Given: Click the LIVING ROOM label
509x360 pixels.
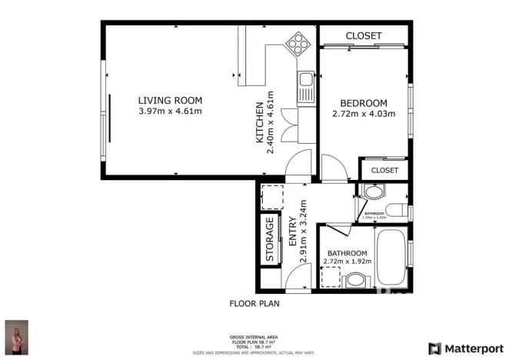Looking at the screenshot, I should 170,100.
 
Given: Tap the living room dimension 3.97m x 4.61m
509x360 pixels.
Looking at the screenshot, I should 170,112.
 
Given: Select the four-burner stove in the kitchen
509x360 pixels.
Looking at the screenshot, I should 296,45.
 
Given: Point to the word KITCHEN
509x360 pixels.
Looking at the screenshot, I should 261,123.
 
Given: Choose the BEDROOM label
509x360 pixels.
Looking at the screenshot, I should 364,103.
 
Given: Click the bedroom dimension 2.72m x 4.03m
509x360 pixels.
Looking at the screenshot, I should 364,115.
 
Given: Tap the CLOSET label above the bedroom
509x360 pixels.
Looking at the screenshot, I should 364,36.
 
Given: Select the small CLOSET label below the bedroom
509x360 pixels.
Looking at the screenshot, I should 384,170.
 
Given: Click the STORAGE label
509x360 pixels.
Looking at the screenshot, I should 270,241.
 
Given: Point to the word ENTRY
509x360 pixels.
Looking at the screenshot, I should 293,232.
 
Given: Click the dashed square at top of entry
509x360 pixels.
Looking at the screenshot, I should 271,198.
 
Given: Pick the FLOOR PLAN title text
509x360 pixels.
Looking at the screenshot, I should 254,303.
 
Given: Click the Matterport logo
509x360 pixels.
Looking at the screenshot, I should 467,348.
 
